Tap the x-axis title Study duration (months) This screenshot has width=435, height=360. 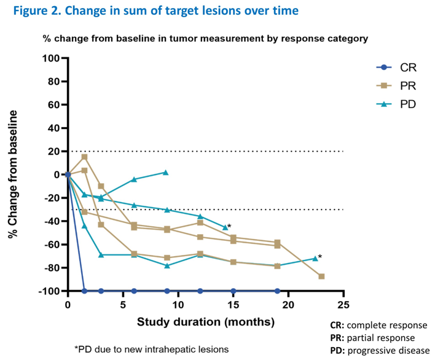click(205, 321)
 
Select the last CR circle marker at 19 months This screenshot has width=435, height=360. click(277, 291)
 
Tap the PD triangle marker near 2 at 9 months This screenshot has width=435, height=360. click(166, 173)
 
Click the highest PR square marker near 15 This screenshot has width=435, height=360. click(84, 157)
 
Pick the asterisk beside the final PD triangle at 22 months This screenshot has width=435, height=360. click(320, 257)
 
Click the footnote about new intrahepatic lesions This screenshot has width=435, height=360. click(151, 349)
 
